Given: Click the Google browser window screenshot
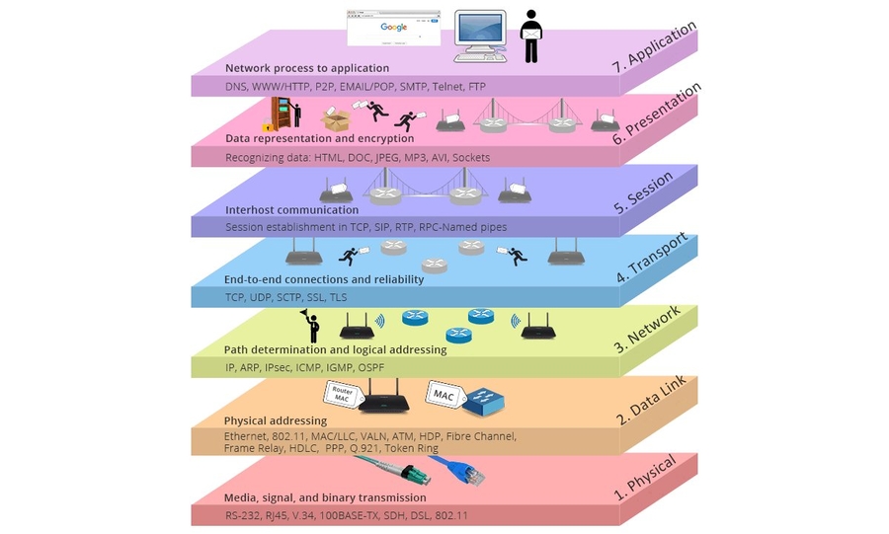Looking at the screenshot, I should [394, 29].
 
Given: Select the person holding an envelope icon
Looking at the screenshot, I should [532, 37].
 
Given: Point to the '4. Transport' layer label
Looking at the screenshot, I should [655, 258].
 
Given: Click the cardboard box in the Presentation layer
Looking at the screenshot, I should [335, 119].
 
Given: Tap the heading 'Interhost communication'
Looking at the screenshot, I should [291, 209].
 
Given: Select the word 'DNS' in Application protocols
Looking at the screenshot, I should [237, 87].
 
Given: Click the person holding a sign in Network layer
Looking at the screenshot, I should [311, 324].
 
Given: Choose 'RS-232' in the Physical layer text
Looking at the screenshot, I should [245, 515].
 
